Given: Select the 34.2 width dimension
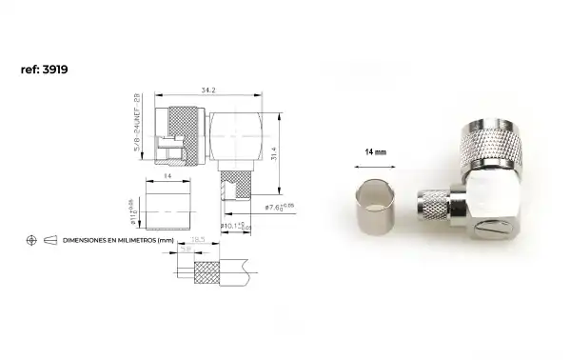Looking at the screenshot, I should point(207,90).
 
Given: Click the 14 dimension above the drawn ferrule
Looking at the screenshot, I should point(167,176).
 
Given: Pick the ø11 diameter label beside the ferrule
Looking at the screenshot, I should point(136,205).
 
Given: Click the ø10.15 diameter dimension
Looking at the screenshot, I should point(233,226).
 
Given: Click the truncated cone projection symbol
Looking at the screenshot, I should point(50,241).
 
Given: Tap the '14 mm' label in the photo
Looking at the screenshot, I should point(375,151).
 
